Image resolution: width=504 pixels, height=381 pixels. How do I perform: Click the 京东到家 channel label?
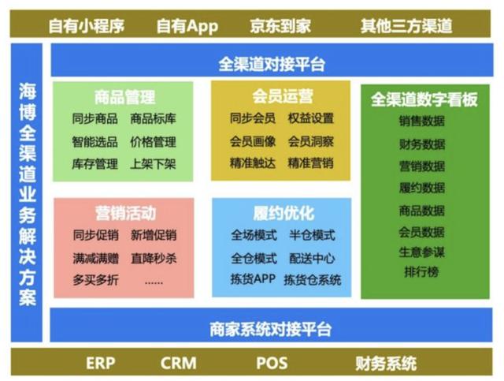[280, 26]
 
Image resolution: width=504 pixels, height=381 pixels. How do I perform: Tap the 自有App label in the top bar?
[187, 26]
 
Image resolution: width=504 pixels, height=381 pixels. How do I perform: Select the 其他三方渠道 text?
[406, 26]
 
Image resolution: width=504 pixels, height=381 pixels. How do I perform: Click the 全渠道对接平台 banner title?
[272, 64]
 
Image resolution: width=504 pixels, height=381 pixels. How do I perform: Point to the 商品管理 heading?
[125, 96]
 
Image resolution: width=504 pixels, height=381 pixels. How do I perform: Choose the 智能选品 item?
[94, 142]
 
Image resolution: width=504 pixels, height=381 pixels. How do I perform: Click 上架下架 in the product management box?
[153, 164]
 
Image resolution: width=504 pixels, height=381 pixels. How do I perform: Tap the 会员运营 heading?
[283, 96]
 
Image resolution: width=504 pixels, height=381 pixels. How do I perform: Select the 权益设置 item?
[311, 118]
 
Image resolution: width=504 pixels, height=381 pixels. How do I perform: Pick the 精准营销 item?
[311, 163]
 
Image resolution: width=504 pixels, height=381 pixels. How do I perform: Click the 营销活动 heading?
[126, 213]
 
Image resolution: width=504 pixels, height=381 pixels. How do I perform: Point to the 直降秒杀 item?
[154, 258]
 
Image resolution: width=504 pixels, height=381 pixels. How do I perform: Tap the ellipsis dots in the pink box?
[154, 282]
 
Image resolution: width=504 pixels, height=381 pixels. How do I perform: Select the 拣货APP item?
[253, 279]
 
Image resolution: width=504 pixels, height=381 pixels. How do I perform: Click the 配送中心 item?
[312, 258]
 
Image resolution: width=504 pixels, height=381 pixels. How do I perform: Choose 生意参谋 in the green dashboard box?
[422, 252]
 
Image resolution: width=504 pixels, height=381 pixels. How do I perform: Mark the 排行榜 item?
[422, 272]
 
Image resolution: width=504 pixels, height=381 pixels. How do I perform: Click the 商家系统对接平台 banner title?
[271, 329]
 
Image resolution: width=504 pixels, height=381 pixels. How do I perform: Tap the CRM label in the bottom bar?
[179, 363]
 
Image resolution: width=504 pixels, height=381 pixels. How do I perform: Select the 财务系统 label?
[386, 364]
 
